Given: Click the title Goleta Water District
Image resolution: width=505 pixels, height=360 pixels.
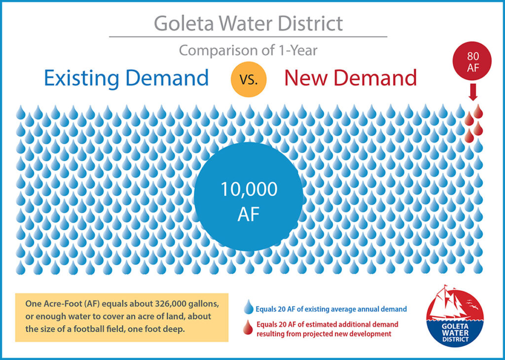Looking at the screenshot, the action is tap(248, 23).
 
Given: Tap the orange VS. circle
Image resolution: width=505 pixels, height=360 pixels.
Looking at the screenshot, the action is tap(249, 79).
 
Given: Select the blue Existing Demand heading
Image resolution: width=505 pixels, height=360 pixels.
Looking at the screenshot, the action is tap(126, 78).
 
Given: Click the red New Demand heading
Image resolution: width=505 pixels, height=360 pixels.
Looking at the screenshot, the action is tap(351, 77).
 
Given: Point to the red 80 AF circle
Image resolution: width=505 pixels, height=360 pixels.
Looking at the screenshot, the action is tap(472, 61).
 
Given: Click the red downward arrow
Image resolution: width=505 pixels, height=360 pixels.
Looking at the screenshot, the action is tap(473, 92).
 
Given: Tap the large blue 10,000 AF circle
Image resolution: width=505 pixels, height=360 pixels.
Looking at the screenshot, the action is tap(249, 197).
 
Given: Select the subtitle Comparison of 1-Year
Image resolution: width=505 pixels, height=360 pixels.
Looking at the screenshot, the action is tap(248, 51).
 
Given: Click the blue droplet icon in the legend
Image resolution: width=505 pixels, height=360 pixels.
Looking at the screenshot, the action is tap(249, 307).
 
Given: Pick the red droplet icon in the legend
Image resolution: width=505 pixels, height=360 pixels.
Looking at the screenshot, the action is tap(248, 327).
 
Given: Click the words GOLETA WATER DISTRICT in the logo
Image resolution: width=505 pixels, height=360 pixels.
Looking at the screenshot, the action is tap(455, 332).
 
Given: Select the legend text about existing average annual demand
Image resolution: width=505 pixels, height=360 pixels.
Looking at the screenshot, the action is tap(331, 309).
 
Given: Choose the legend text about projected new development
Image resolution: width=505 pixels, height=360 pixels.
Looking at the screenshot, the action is tap(327, 329).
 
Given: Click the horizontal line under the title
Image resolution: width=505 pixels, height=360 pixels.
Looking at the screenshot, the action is tap(248, 36).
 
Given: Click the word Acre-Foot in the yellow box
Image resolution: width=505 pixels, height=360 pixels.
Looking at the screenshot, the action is tap(57, 304).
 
